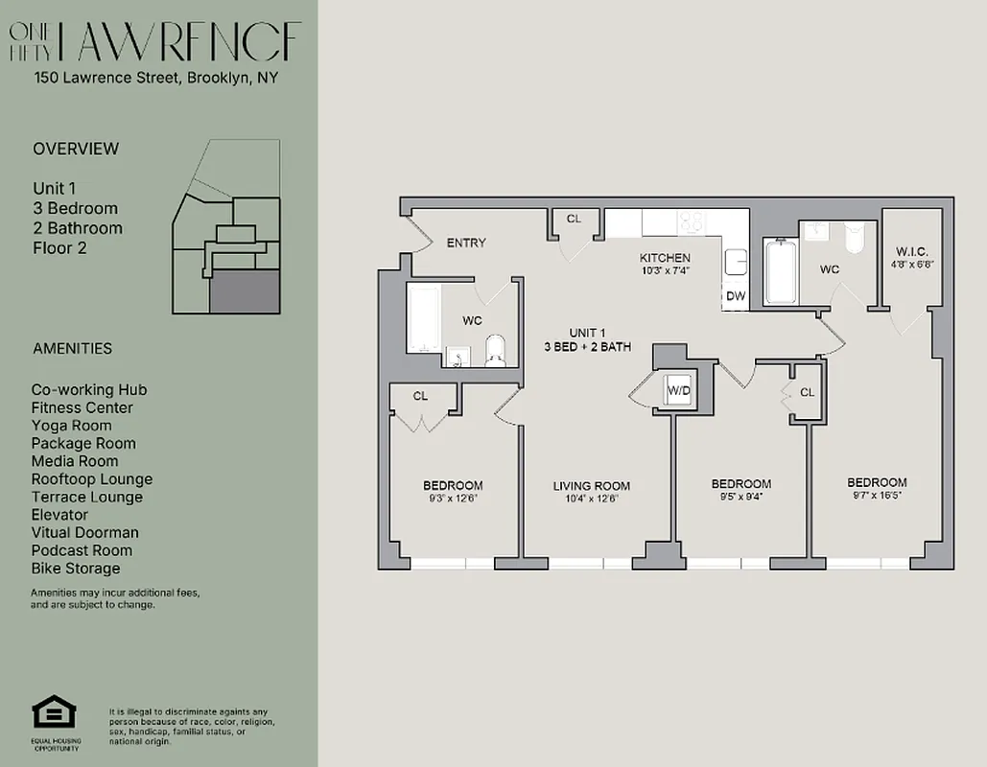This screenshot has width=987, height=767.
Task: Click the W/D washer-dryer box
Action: tap(678, 390)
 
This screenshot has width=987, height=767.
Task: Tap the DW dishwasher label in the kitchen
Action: tap(736, 296)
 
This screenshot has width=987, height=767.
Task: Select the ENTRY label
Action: tap(466, 243)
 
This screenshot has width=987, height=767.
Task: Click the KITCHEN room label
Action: tap(665, 258)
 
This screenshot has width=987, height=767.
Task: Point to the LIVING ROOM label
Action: tap(591, 486)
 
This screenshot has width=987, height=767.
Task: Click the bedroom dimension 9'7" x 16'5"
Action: tap(876, 496)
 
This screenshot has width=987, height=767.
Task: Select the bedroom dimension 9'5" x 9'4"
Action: tap(740, 497)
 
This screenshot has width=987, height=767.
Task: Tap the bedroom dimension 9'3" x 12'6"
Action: tap(453, 499)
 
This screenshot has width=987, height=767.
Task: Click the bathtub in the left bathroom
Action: tap(423, 318)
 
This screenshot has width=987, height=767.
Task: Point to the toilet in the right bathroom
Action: tap(855, 236)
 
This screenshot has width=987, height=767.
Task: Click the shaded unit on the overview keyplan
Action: tap(245, 291)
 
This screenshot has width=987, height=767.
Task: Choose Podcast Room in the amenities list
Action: tap(82, 550)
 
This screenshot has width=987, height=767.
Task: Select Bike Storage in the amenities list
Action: tap(76, 569)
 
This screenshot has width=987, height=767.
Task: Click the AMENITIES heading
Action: tap(72, 349)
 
